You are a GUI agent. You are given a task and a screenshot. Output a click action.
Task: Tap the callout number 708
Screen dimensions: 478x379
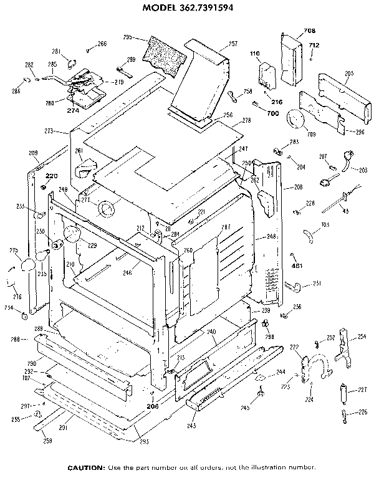pos(309,31)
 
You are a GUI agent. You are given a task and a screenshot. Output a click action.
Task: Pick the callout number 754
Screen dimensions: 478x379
pos(9,308)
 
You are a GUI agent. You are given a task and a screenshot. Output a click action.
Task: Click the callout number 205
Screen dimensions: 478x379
pos(348,74)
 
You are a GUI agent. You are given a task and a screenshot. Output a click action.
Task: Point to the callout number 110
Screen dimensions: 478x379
pos(255,54)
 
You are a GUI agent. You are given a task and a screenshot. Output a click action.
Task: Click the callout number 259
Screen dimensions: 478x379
pos(48,441)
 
